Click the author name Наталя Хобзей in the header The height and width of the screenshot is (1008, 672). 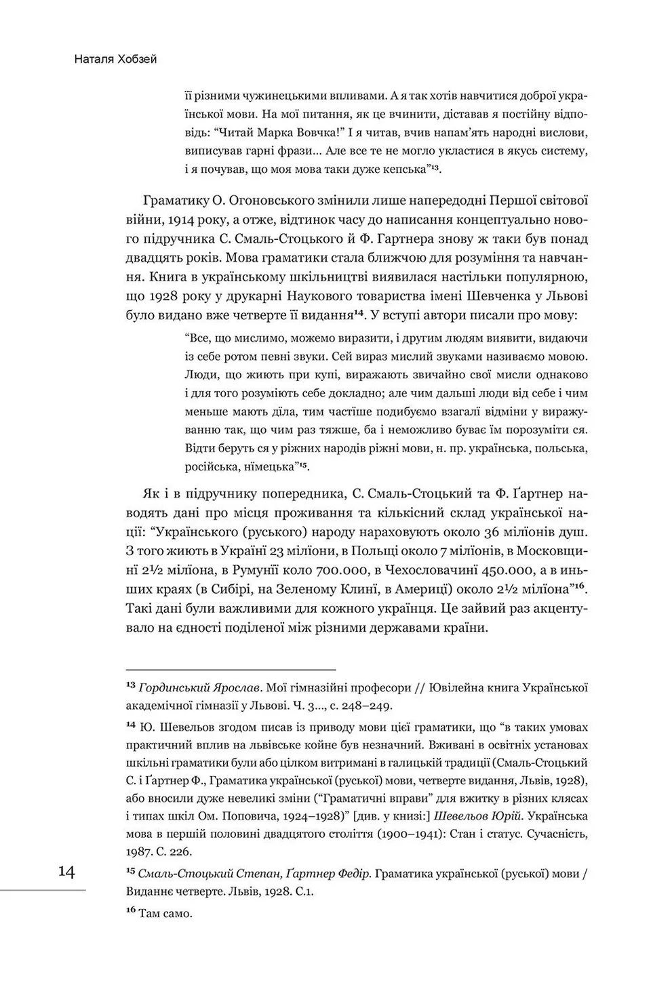[x=116, y=60]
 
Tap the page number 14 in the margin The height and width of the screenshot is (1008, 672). [x=66, y=872]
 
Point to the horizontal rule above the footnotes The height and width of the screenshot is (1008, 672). [x=231, y=668]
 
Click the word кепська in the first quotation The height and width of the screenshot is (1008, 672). [x=404, y=167]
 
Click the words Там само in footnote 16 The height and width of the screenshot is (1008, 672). [x=165, y=913]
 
